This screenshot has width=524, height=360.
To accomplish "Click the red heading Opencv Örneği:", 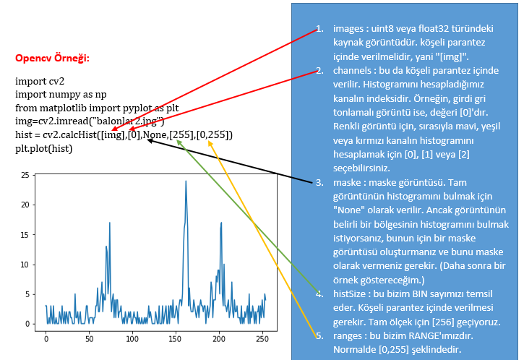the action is coord(52,59).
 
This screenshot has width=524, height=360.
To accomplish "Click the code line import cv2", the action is coord(40,81).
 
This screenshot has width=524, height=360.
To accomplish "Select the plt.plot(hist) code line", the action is coord(44,148).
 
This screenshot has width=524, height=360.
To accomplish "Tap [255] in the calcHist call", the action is coord(181,134).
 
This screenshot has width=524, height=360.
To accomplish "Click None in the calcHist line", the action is coord(155,134).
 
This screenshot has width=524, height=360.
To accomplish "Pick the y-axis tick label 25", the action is coord(25,175).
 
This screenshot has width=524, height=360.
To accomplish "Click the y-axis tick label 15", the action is coord(25,235).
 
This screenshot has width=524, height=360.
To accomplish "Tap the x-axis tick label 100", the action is coord(132,339).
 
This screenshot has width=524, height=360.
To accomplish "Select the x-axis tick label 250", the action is coord(262,339).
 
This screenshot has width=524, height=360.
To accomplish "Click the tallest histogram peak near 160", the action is coord(186,181).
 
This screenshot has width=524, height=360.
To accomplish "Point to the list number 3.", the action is coord(319,182).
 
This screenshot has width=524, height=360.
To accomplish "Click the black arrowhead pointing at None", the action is coord(150,141).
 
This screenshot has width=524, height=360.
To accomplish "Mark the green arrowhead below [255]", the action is coord(179,143).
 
